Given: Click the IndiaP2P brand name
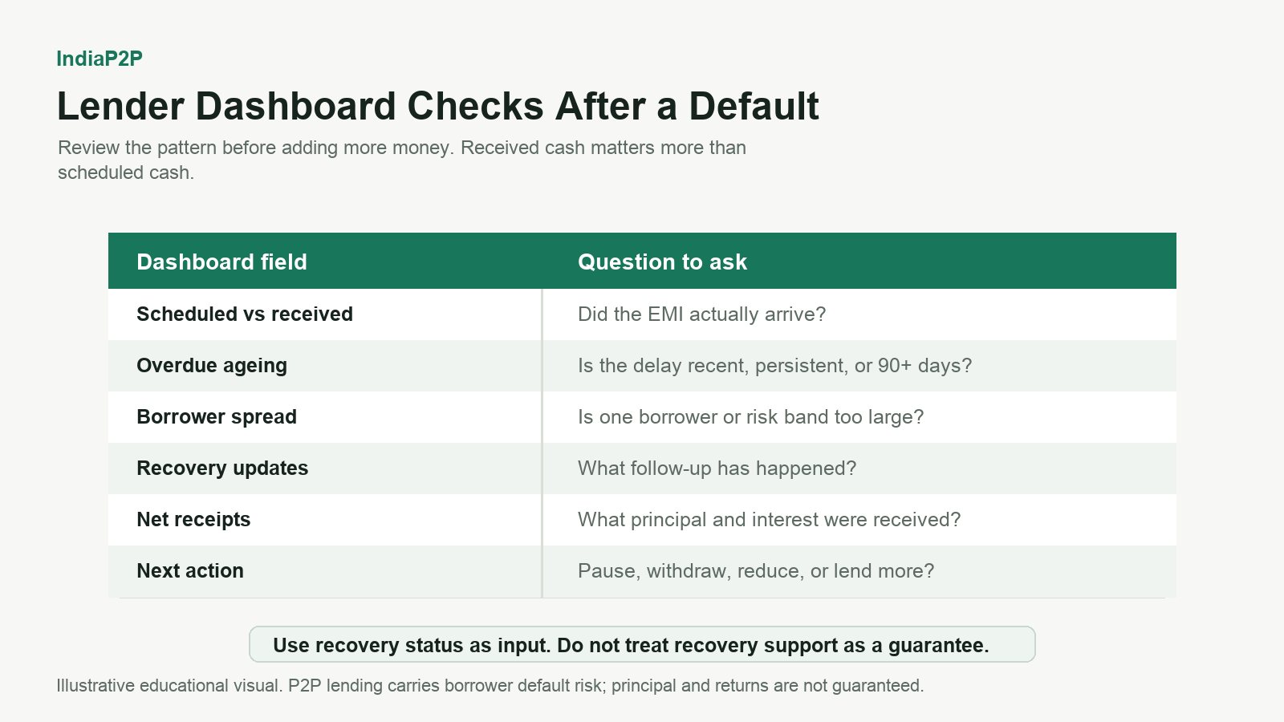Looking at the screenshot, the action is click(x=100, y=59).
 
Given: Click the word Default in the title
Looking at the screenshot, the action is click(x=754, y=107).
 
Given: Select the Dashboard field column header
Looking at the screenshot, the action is click(x=221, y=262).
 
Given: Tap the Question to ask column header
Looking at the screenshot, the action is click(x=662, y=262).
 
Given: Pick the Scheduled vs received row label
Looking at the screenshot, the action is click(x=245, y=314).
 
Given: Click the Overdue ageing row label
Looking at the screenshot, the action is click(x=212, y=366).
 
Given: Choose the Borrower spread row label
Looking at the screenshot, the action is click(x=217, y=416).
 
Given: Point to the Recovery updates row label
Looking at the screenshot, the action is click(x=222, y=468).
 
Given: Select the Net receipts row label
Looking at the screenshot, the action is click(x=193, y=520).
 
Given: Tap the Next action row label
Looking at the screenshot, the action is click(x=189, y=570).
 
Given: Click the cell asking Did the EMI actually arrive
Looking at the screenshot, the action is click(x=701, y=314).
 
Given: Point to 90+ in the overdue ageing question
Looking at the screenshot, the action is click(x=895, y=366).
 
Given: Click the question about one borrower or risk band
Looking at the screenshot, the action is click(x=751, y=416).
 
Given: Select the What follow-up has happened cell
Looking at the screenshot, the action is click(x=717, y=468).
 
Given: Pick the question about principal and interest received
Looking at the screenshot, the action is click(x=770, y=520).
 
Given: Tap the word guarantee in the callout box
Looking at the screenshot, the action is click(x=938, y=645).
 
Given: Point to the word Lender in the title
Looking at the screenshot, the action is click(x=120, y=107).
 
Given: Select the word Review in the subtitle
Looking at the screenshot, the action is click(x=89, y=148).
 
